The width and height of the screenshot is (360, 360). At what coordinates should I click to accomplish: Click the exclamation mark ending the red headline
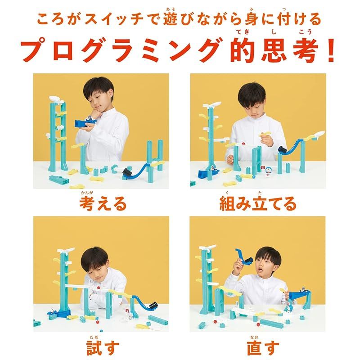[331, 50]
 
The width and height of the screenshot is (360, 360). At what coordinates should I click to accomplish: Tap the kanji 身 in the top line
[252, 19]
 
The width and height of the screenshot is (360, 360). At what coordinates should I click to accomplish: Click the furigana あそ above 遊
[171, 9]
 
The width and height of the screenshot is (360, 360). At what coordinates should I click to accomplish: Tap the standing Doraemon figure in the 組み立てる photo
[268, 172]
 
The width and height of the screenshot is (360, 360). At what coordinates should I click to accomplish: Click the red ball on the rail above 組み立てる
[243, 144]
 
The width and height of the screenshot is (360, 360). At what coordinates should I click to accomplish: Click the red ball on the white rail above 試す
[99, 288]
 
